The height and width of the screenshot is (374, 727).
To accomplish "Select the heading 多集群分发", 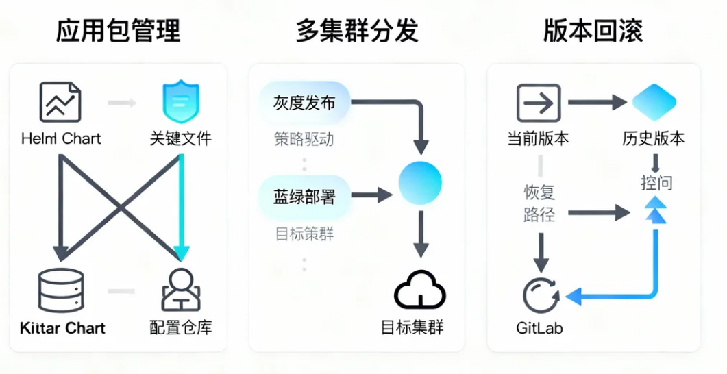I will (x=357, y=32).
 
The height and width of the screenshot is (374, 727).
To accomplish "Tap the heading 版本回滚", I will (x=593, y=32).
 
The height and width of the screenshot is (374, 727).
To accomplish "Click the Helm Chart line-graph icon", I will (x=60, y=102).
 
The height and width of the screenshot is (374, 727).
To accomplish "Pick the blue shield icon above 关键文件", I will (x=180, y=103).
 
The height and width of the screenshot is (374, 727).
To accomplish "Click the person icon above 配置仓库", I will (x=181, y=290).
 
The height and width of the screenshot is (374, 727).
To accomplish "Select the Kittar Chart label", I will (x=62, y=327).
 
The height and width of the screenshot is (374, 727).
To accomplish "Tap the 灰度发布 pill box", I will (x=304, y=103).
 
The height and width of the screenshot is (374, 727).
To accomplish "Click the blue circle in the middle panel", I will (x=420, y=183).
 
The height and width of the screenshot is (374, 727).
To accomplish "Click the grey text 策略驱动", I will (x=304, y=139).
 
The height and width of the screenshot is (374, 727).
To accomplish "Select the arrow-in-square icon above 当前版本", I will (x=538, y=103).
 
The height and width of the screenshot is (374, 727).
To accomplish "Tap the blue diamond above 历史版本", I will (x=654, y=103).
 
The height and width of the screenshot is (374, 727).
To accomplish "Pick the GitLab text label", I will (x=539, y=327).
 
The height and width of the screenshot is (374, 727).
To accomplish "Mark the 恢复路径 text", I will (x=539, y=203).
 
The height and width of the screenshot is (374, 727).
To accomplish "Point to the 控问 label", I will (x=656, y=183).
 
